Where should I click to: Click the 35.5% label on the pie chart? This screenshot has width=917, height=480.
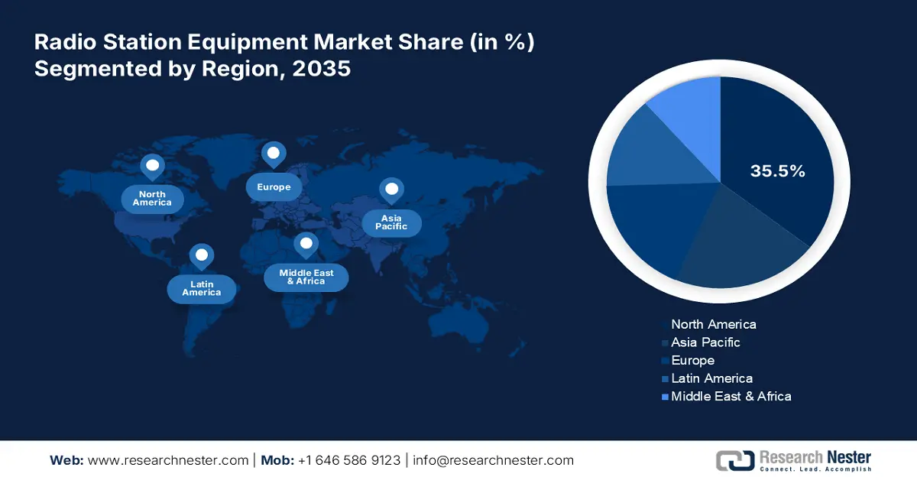pyautogui.click(x=777, y=170)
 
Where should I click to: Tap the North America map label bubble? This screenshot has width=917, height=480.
pyautogui.click(x=152, y=199)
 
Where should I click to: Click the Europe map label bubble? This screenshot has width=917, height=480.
pyautogui.click(x=274, y=186)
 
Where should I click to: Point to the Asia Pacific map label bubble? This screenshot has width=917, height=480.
pyautogui.click(x=391, y=222)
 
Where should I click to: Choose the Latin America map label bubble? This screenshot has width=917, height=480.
pyautogui.click(x=202, y=288)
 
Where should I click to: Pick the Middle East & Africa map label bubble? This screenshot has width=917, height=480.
pyautogui.click(x=306, y=277)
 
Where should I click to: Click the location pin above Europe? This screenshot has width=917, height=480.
pyautogui.click(x=274, y=155)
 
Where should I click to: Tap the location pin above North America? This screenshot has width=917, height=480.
pyautogui.click(x=152, y=167)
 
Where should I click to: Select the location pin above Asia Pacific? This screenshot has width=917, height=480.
pyautogui.click(x=391, y=191)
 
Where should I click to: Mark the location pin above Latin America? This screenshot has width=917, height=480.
pyautogui.click(x=202, y=257)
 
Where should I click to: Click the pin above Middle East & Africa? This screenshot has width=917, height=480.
pyautogui.click(x=306, y=245)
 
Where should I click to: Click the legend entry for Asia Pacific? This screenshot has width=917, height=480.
pyautogui.click(x=701, y=342)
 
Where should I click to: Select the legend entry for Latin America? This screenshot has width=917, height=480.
pyautogui.click(x=708, y=378)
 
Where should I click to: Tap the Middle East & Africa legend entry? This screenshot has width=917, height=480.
pyautogui.click(x=727, y=397)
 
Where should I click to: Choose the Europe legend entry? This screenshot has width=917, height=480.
pyautogui.click(x=689, y=361)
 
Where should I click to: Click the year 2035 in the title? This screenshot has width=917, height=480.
pyautogui.click(x=322, y=68)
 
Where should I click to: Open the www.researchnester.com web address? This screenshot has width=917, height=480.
pyautogui.click(x=168, y=460)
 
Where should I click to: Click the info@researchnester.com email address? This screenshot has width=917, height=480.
pyautogui.click(x=494, y=460)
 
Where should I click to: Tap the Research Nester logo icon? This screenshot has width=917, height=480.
pyautogui.click(x=735, y=461)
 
